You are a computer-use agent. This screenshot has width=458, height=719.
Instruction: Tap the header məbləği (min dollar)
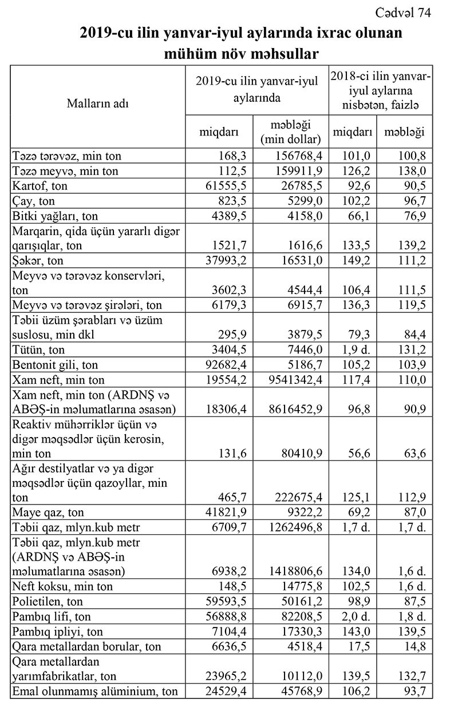click(290, 132)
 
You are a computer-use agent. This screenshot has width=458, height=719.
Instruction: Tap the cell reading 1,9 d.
click(353, 349)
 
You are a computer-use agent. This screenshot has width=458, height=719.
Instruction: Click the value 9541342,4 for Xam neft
click(292, 379)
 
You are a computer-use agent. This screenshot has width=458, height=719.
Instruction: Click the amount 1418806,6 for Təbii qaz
click(292, 571)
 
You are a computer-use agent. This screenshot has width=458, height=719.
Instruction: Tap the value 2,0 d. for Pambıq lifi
click(353, 617)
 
